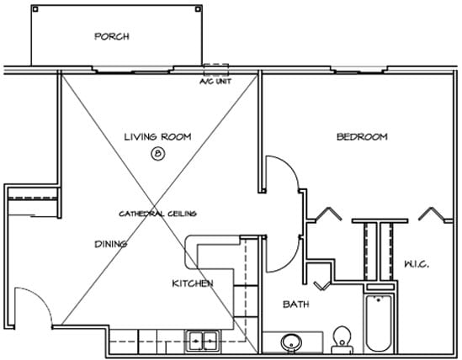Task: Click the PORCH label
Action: point(112,36)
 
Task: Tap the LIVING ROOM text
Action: point(157,137)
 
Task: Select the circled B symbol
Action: point(158,154)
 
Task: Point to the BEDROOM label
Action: point(362,137)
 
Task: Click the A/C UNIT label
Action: point(215,82)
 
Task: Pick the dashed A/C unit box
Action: point(216,69)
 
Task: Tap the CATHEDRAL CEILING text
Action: point(157,214)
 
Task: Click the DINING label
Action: point(111,244)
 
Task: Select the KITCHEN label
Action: point(193,283)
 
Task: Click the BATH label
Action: point(296,304)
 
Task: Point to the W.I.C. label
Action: point(417,264)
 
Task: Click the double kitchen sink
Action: point(203,341)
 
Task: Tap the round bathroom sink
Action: point(291,343)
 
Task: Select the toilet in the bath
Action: point(342,340)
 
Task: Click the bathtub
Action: point(379,323)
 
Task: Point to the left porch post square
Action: point(35,9)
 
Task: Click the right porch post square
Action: point(198,9)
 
